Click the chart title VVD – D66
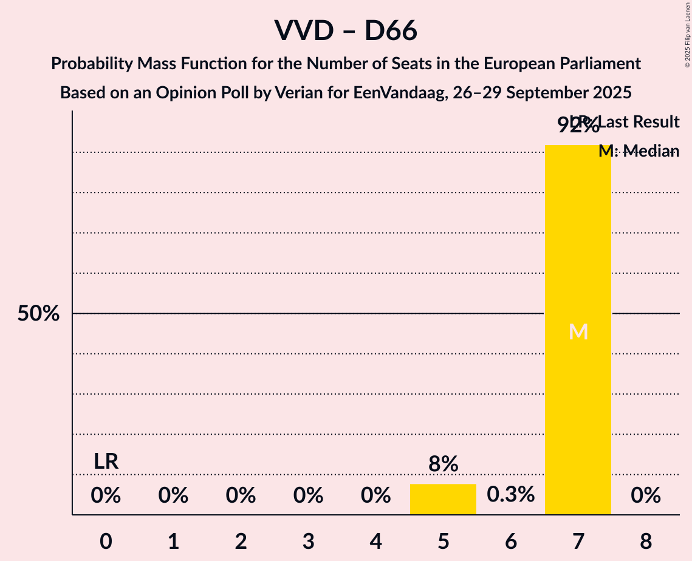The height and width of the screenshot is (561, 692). tap(346, 30)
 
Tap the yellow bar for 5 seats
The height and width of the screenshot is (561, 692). tap(443, 499)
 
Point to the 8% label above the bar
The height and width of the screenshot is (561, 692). tap(443, 464)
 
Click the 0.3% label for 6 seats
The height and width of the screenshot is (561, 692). tap(511, 495)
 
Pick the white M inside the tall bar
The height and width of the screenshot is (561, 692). tap(578, 332)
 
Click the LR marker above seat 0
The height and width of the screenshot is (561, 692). tap(106, 461)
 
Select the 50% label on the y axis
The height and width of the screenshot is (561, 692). tap(38, 314)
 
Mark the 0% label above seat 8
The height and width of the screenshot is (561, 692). tap(646, 496)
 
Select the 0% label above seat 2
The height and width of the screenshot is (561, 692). tap(241, 496)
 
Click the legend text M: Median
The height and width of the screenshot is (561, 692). tap(639, 151)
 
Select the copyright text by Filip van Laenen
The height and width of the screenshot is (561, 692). tap(687, 34)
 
